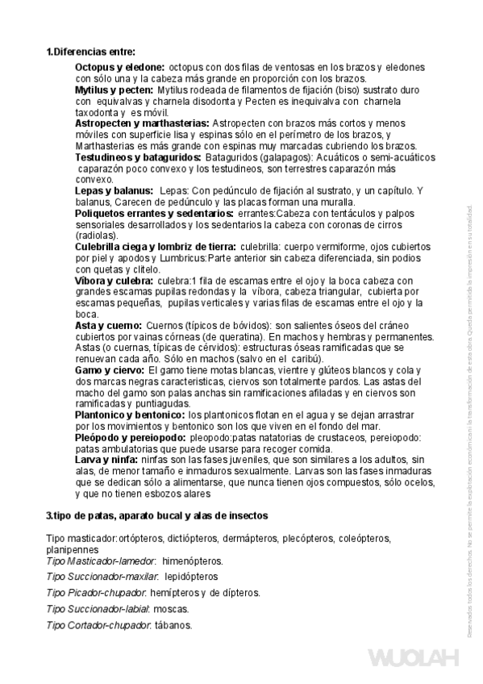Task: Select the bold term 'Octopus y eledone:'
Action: tap(120, 67)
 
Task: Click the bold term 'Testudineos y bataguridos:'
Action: tap(138, 157)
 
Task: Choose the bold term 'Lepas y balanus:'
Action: tap(113, 190)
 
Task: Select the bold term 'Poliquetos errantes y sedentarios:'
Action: tap(154, 213)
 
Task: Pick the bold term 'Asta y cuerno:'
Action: tap(109, 324)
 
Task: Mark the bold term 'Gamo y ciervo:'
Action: tap(110, 369)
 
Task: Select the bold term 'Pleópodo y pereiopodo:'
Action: tap(131, 436)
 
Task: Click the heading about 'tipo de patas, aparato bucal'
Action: tap(157, 515)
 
